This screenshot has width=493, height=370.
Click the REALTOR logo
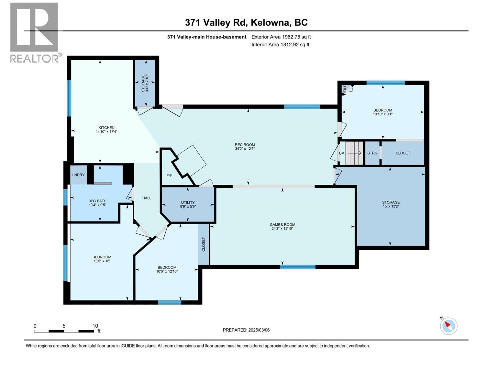tap(34, 32)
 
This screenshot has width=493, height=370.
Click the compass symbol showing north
tap(448, 326)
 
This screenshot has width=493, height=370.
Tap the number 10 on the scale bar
tap(95, 326)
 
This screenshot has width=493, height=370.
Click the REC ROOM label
tap(245, 145)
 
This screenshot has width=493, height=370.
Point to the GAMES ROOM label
tap(282, 225)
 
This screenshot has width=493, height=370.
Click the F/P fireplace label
tap(169, 176)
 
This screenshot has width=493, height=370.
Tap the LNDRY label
tap(78, 175)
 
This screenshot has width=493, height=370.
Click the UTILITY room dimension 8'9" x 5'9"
tap(188, 207)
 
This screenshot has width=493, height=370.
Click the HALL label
tap(147, 198)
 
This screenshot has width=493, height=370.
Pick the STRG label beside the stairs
tap(372, 153)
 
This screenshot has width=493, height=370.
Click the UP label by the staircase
tap(341, 153)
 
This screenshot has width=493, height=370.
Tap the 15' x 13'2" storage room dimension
tap(391, 206)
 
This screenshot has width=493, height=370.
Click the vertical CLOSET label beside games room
tap(203, 244)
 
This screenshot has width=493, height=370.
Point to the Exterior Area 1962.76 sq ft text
tap(281, 37)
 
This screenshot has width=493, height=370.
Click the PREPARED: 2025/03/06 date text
tap(246, 330)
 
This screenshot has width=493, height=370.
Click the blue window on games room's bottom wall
tap(298, 267)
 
